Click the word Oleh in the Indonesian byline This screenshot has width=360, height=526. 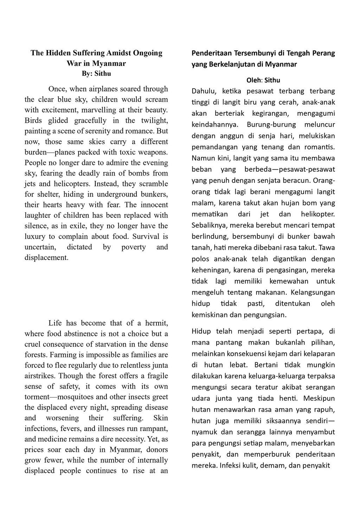(254, 80)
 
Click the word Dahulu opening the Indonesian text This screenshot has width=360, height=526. (202, 91)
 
